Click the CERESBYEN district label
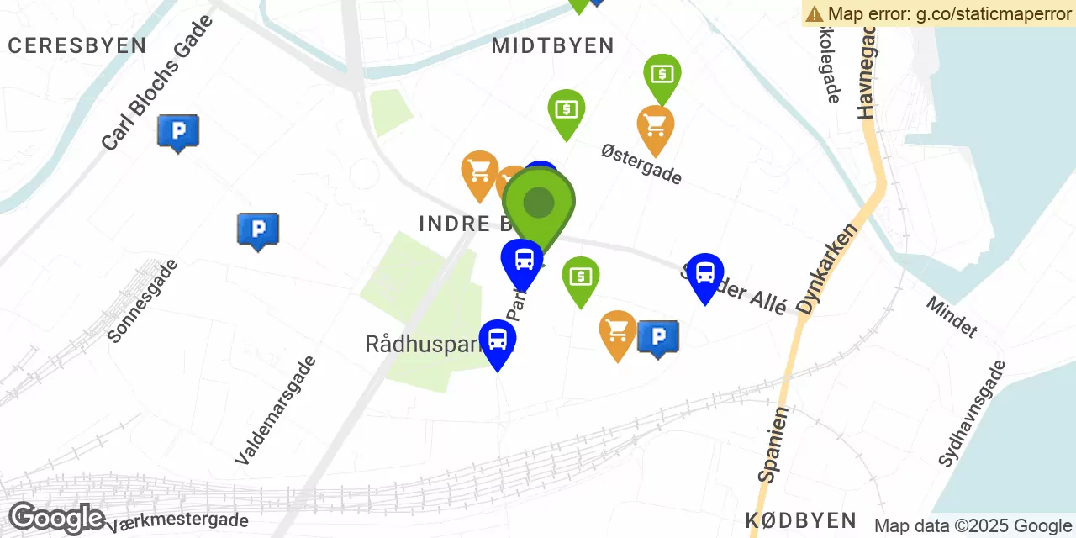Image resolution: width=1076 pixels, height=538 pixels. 76,45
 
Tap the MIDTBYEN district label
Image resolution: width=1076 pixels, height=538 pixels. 552,45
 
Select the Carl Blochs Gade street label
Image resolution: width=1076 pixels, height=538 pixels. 157,82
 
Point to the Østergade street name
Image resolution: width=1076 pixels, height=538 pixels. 641,164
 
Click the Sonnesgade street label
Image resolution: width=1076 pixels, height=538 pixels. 143,300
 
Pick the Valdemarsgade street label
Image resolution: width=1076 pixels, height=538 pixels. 276,410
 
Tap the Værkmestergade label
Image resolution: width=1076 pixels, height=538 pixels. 177,522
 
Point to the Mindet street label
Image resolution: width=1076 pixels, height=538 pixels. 952,316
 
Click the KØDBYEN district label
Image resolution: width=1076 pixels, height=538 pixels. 800,520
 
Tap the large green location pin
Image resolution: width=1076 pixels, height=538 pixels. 539,203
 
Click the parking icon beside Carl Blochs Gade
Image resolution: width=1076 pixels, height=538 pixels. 178,132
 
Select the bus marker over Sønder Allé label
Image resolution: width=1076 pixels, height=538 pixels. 705,274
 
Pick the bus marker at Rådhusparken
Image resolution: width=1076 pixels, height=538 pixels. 498,340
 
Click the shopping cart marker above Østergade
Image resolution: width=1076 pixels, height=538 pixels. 656,127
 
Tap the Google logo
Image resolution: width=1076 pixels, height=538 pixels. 56,518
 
